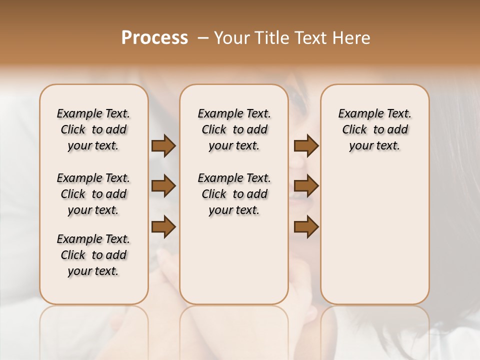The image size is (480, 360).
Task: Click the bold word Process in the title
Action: coord(154,38)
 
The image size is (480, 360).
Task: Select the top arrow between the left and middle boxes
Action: coord(163,145)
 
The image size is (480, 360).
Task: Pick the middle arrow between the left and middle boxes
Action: coord(163,186)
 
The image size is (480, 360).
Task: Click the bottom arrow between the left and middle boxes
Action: coord(163,226)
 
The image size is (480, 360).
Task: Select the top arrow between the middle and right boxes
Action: coord(306,145)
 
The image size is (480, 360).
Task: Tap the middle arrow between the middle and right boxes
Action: coord(306,186)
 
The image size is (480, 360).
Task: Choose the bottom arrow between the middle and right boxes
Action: coord(306,226)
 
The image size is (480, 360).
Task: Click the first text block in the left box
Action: coord(93,129)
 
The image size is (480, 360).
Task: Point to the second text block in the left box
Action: coord(93,194)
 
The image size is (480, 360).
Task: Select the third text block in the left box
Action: coord(93,255)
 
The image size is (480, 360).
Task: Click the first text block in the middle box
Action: coord(234,129)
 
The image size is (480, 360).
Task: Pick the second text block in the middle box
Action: coord(234,194)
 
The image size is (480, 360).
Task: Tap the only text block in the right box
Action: coord(375,129)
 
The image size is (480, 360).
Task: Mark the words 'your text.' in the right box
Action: coord(375,145)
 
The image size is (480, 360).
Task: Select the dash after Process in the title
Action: coord(202,38)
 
